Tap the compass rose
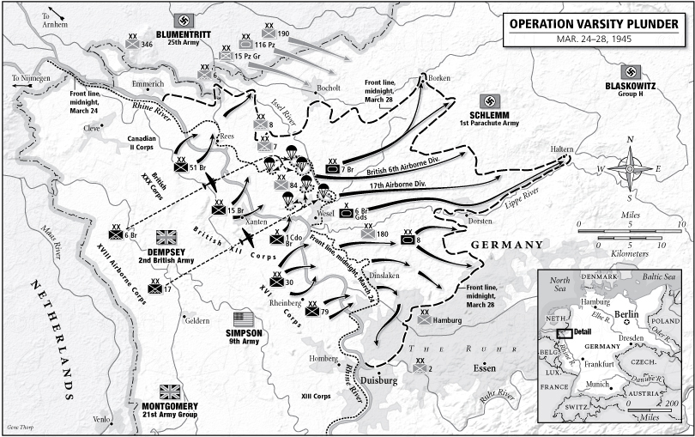coord(632,167)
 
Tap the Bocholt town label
coord(329,88)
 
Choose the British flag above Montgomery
coord(169,391)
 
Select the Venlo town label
coord(102,421)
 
